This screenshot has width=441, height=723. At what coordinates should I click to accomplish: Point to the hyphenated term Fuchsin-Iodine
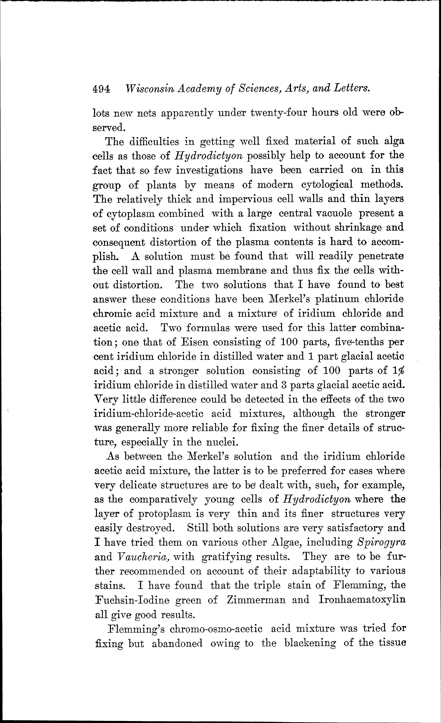pos(132,600)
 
